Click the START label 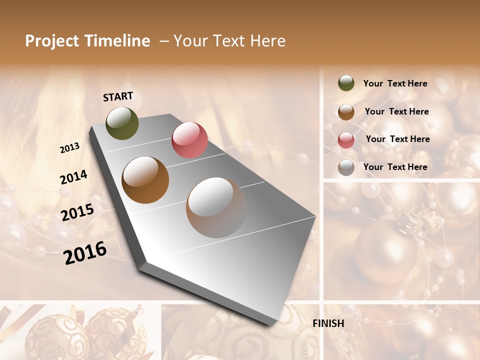(x=118, y=96)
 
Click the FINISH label (x=328, y=323)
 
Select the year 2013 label (x=70, y=147)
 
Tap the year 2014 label (x=73, y=177)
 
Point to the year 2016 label (x=85, y=252)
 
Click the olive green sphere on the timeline (x=122, y=123)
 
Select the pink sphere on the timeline (x=189, y=140)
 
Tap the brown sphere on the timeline (x=145, y=180)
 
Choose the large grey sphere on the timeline (x=216, y=207)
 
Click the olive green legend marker (x=346, y=83)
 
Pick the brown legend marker (x=346, y=111)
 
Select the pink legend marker (x=346, y=139)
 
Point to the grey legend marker (x=346, y=167)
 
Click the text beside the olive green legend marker (x=395, y=83)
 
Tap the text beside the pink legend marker (x=397, y=139)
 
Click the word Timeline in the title (x=117, y=41)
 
